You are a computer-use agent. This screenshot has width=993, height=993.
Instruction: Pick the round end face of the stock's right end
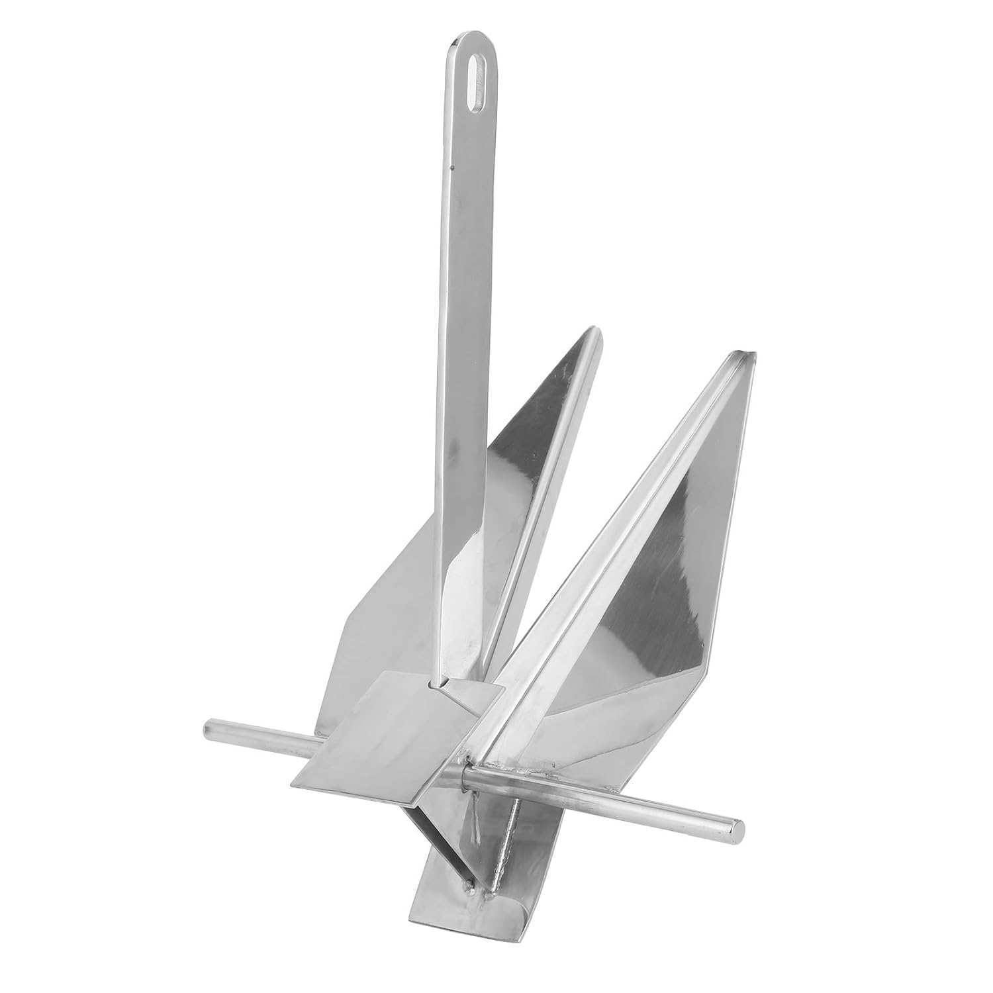coord(737,827)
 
